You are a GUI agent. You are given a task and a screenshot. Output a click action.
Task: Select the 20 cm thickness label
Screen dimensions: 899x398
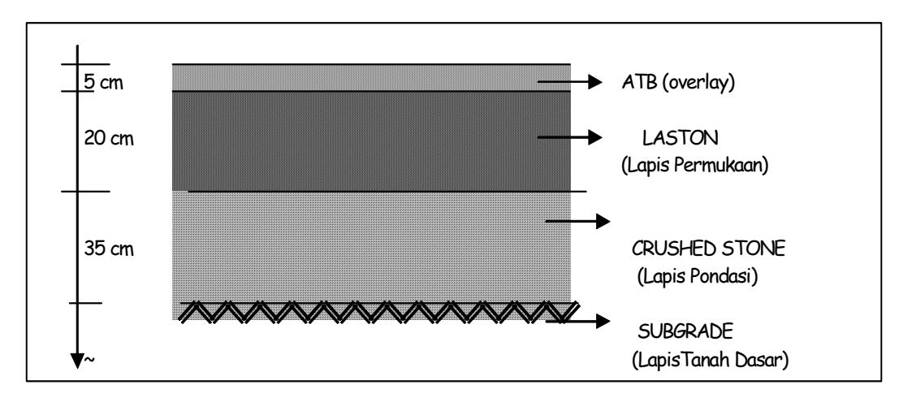coord(109,139)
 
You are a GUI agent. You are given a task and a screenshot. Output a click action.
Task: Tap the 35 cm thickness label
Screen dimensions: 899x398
coord(109,249)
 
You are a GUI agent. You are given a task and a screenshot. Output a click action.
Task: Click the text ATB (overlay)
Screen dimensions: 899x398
coord(678,83)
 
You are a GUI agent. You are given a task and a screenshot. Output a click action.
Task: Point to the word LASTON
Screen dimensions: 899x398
coord(680,138)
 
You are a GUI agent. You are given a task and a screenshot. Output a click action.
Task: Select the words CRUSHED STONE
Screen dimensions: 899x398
coord(708,249)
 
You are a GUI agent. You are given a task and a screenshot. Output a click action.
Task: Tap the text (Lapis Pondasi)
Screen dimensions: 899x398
coord(698,276)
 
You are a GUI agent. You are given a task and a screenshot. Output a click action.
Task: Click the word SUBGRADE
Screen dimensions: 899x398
coord(685,331)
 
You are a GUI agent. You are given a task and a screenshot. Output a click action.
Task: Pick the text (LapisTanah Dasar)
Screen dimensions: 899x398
coord(711,360)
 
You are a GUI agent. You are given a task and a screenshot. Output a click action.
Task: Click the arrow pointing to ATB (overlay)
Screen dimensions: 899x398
coord(570,83)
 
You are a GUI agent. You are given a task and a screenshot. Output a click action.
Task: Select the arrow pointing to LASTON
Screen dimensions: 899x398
coord(570,137)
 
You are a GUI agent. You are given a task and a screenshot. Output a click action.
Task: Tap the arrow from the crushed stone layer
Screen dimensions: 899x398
coord(577,221)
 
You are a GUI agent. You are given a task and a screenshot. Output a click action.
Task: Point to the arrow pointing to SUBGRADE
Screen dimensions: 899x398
coord(577,321)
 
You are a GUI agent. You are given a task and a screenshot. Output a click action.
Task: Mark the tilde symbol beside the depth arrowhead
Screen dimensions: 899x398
coord(89,360)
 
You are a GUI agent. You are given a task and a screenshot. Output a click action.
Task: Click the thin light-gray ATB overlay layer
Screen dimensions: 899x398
coord(371,77)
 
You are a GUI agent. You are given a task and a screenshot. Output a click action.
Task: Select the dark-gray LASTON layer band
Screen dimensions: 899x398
coord(371,141)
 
